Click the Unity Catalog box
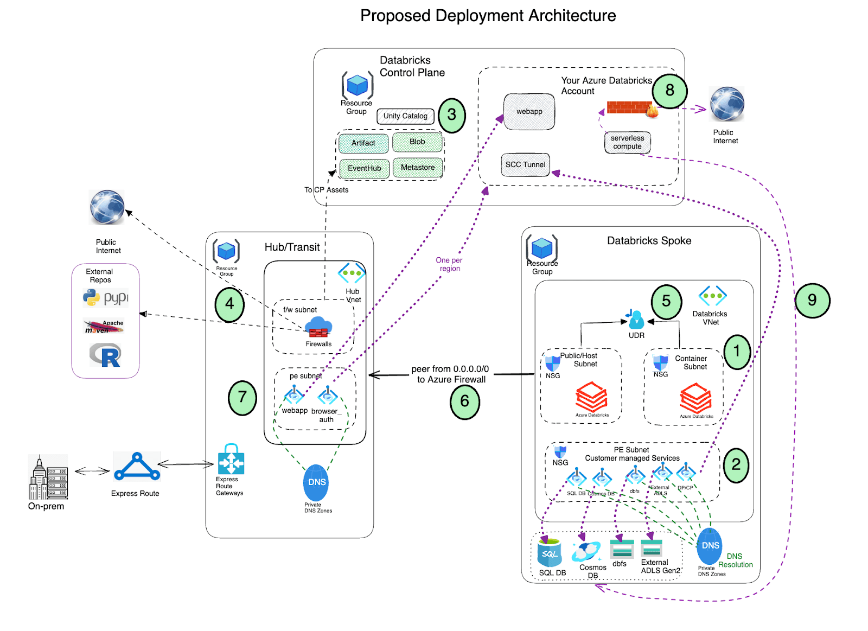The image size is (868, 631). coord(405,116)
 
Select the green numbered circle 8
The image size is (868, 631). coord(669,91)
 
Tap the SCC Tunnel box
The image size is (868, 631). coord(525,164)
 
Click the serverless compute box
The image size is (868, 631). coord(627,142)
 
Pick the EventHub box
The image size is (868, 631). coord(364,168)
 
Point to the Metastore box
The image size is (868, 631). coord(418,168)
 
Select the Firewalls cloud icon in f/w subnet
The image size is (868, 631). coord(318,327)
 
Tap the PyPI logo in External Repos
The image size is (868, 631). coord(106,298)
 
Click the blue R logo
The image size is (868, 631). coord(105,355)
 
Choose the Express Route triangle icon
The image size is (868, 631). coord(137,467)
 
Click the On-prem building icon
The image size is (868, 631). coord(48,477)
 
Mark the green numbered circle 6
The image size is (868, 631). coord(465,401)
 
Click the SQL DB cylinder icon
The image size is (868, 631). coord(549,553)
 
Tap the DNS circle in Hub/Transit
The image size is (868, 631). coord(316,482)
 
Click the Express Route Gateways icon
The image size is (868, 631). coord(231,460)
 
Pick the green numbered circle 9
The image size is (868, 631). coord(812,300)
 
